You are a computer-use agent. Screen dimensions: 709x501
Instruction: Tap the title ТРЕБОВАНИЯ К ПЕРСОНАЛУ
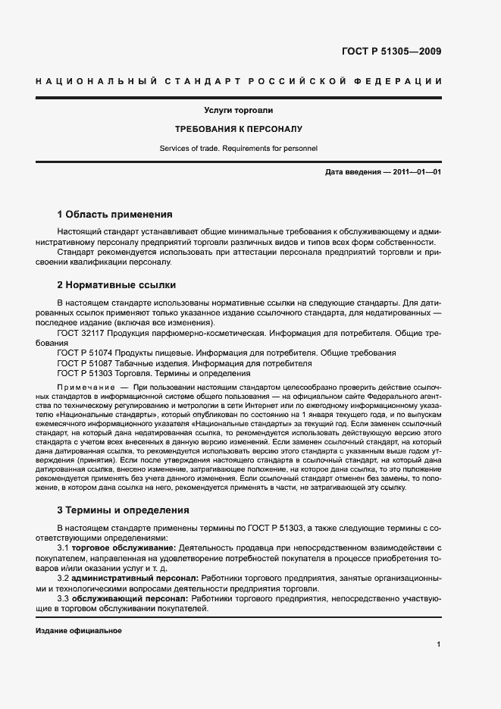239,130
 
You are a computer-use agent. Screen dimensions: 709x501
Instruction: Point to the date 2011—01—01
414,172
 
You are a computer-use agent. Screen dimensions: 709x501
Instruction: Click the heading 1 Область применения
115,215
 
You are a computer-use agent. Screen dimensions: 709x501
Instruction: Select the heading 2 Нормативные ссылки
117,285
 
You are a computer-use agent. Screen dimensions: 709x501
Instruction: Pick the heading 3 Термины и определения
124,510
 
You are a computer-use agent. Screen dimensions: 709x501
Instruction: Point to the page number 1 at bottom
439,645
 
